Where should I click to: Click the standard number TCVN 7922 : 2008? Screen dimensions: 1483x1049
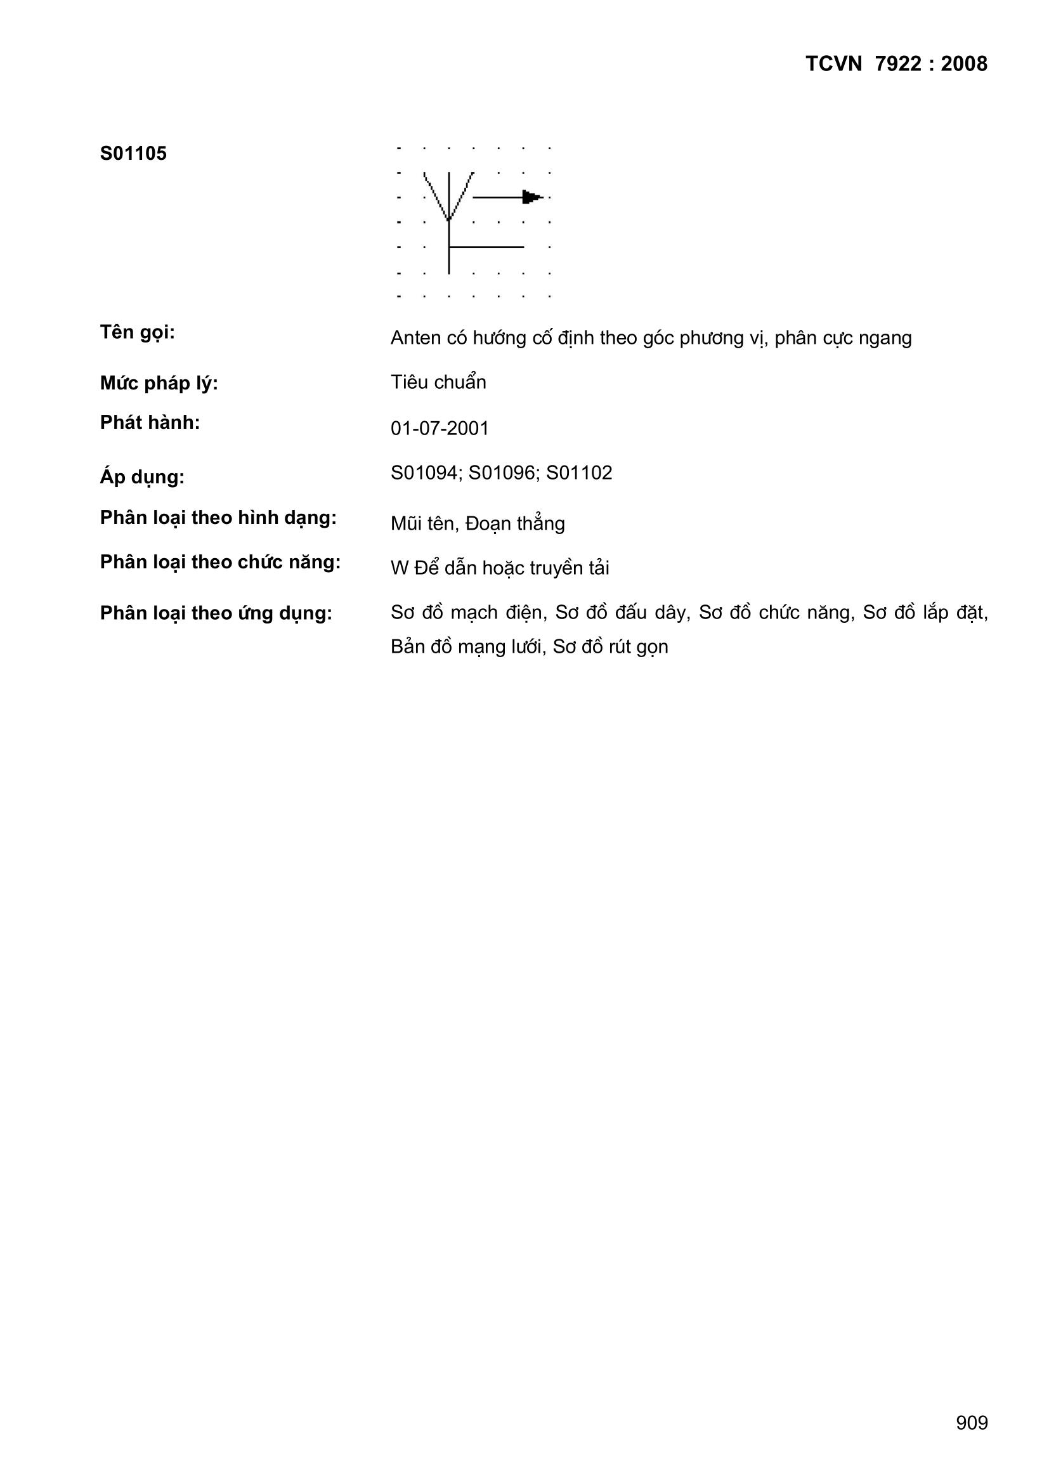pos(896,64)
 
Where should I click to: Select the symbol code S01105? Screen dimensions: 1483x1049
pos(133,154)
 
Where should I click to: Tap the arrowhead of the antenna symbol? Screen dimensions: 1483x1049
pos(532,197)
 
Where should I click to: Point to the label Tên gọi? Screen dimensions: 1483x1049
pos(138,332)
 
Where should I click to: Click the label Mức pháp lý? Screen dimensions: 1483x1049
pos(159,384)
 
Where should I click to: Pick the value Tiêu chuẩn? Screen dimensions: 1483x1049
pos(438,382)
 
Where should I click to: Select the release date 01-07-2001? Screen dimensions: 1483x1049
pos(440,429)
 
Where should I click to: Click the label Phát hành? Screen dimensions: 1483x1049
pos(150,422)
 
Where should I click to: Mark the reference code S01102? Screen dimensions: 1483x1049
pos(580,473)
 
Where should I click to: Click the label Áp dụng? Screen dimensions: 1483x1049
pos(142,478)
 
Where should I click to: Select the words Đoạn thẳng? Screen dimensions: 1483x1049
pos(515,524)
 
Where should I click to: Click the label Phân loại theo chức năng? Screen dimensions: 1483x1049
pos(220,563)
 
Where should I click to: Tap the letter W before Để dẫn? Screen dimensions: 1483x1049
pos(399,568)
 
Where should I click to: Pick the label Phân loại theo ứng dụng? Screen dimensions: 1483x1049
pos(216,613)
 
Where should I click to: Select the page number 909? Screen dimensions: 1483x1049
pos(972,1422)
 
